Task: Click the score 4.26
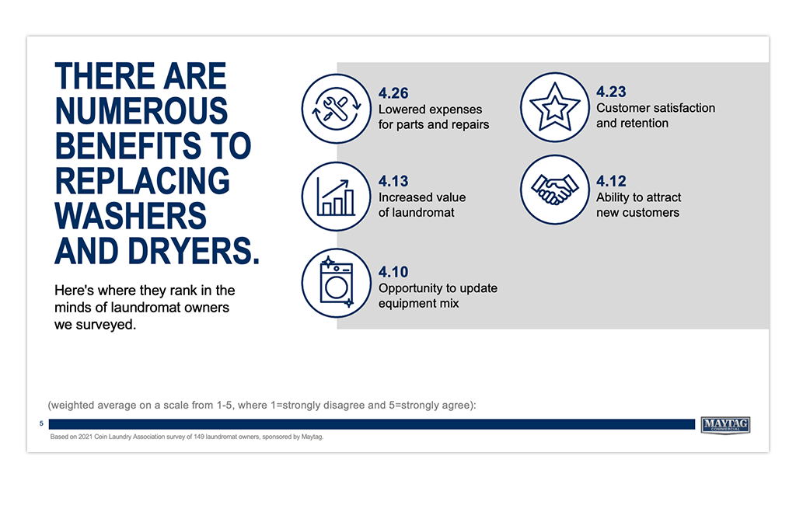pyautogui.click(x=393, y=93)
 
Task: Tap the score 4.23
pyautogui.click(x=611, y=92)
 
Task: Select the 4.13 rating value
pyautogui.click(x=393, y=181)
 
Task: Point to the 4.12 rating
pyautogui.click(x=611, y=181)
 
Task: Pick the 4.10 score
pyautogui.click(x=393, y=272)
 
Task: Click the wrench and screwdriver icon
pyautogui.click(x=336, y=109)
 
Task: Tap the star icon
pyautogui.click(x=554, y=107)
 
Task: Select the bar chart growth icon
pyautogui.click(x=336, y=197)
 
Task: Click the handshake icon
pyautogui.click(x=554, y=190)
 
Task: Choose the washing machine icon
pyautogui.click(x=336, y=283)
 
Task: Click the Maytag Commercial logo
pyautogui.click(x=725, y=425)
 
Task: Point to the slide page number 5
pyautogui.click(x=42, y=423)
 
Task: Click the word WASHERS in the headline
pyautogui.click(x=131, y=216)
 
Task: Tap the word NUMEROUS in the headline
pyautogui.click(x=141, y=110)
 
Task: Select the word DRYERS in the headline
pyautogui.click(x=194, y=251)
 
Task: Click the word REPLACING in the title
pyautogui.click(x=142, y=181)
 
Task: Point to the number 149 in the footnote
pyautogui.click(x=200, y=437)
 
